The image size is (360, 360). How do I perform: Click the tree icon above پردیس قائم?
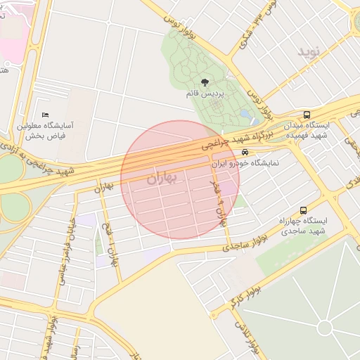point(205,83)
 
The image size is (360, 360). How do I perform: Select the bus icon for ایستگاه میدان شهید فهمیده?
point(306,115)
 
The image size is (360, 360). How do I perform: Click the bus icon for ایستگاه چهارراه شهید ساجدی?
point(303,210)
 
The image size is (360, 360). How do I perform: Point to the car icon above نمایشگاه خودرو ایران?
point(245,152)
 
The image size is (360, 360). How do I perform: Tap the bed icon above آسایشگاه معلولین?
point(46,115)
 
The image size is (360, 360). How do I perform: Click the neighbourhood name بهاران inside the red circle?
point(164,179)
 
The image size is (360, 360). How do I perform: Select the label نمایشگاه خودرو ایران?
point(245,162)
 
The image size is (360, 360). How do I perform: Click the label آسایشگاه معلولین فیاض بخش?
point(46,130)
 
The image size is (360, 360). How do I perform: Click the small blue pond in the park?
point(244,113)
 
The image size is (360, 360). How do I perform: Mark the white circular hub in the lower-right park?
point(324,328)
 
